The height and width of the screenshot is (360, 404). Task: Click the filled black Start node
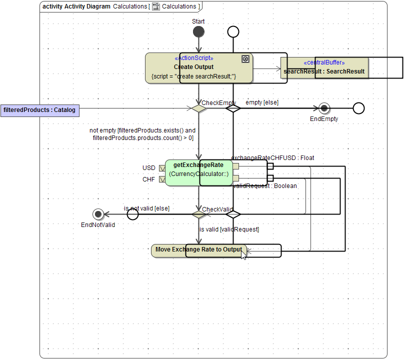click(x=198, y=32)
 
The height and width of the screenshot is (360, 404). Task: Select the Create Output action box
click(x=165, y=68)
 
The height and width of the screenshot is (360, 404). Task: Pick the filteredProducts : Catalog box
click(x=39, y=110)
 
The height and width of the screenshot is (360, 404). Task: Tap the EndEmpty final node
click(x=324, y=108)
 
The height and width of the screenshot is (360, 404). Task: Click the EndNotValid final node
click(x=98, y=214)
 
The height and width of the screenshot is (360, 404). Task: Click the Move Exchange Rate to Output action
click(x=170, y=250)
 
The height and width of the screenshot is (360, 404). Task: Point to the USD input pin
click(x=161, y=168)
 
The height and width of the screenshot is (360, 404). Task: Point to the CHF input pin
click(x=161, y=179)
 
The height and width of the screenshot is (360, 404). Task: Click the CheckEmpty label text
click(x=218, y=103)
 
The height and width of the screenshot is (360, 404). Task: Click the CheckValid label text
click(x=217, y=209)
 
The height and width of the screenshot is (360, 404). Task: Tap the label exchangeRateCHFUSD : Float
click(x=272, y=158)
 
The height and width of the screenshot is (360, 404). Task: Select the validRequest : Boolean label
click(x=265, y=186)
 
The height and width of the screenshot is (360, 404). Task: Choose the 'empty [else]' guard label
click(x=262, y=102)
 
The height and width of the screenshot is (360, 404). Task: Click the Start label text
click(x=198, y=21)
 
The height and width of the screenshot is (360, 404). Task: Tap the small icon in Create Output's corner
click(x=245, y=59)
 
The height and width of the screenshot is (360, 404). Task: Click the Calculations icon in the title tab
click(x=156, y=6)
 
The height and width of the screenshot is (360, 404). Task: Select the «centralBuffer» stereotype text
click(x=324, y=62)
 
